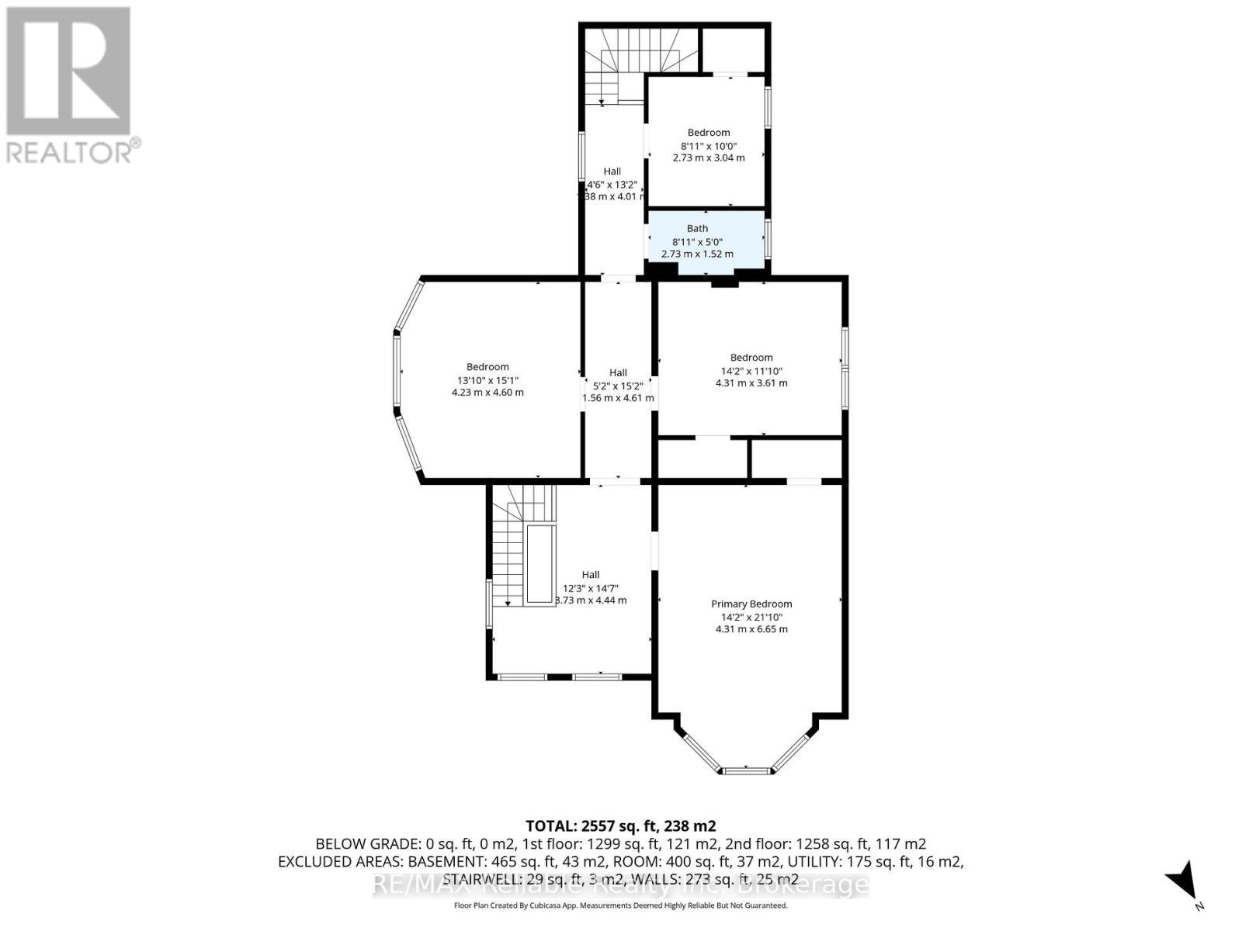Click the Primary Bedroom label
pyautogui.click(x=751, y=604)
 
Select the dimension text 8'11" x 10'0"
pyautogui.click(x=708, y=145)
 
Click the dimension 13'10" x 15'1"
pyautogui.click(x=487, y=380)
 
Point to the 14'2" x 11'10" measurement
pyautogui.click(x=751, y=370)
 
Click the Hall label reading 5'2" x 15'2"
pyautogui.click(x=618, y=373)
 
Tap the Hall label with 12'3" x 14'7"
pyautogui.click(x=591, y=575)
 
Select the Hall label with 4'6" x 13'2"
pyautogui.click(x=612, y=171)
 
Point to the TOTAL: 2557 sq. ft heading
pyautogui.click(x=620, y=825)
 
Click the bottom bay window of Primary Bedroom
pyautogui.click(x=745, y=770)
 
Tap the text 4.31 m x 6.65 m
pyautogui.click(x=751, y=629)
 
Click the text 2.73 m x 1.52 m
pyautogui.click(x=696, y=254)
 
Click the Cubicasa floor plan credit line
pyautogui.click(x=620, y=905)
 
